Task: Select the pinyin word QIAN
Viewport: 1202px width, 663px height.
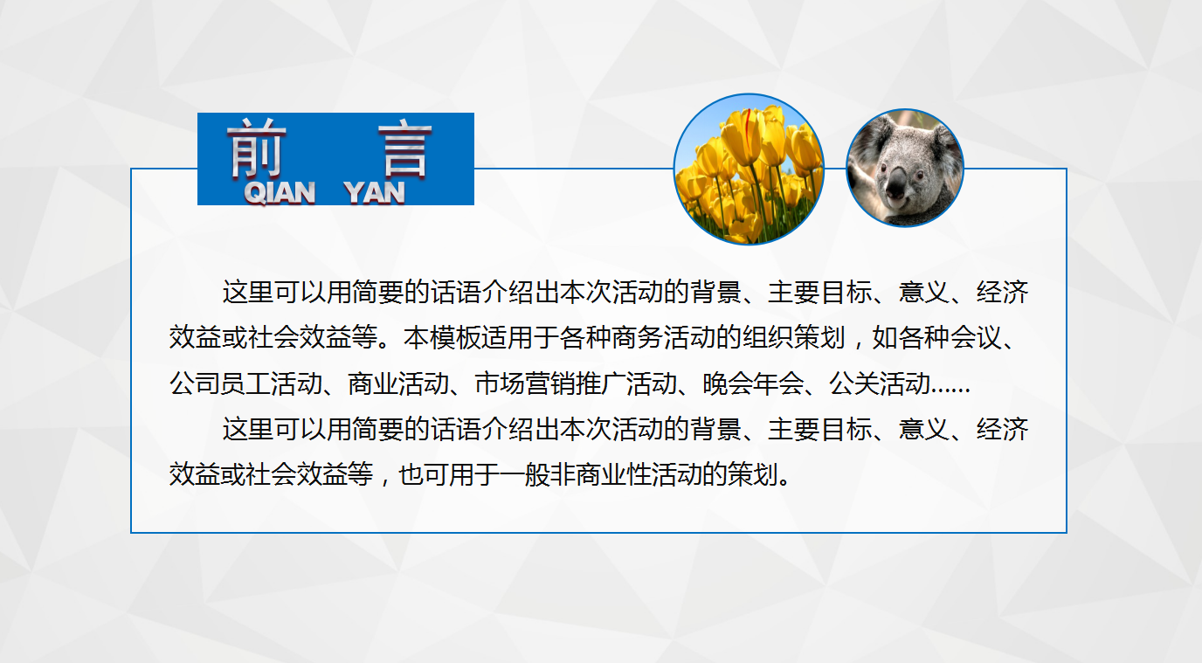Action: (x=280, y=192)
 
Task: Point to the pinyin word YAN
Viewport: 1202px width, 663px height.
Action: (x=375, y=192)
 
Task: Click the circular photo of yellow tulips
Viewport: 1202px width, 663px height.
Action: (x=749, y=169)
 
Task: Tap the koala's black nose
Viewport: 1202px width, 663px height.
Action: (x=898, y=181)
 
